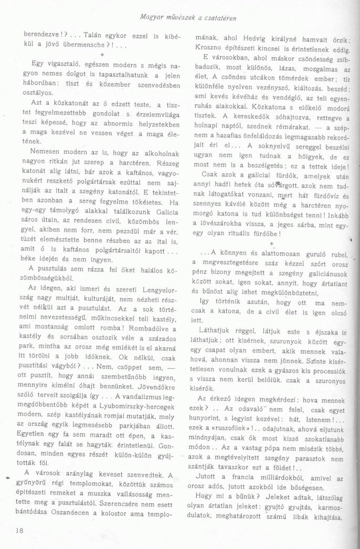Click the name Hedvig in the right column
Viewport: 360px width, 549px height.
[255, 37]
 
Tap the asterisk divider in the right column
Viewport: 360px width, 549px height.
[272, 229]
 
